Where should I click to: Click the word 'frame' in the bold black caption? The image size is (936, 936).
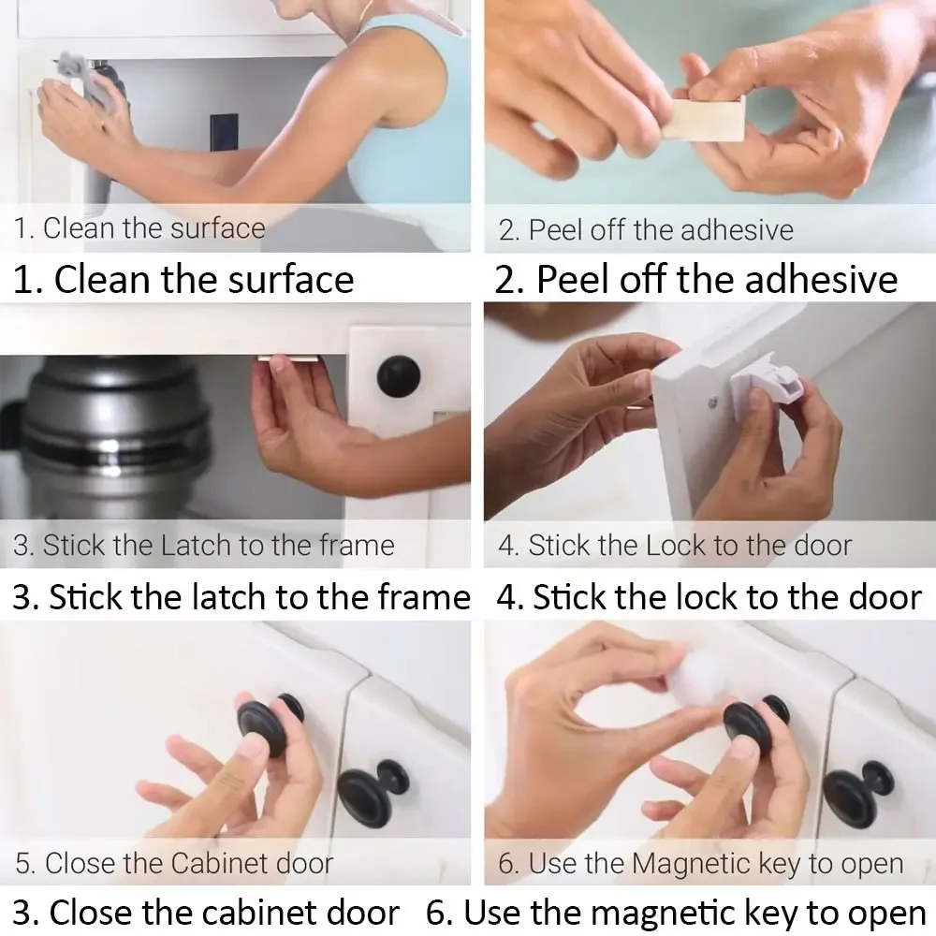(x=422, y=597)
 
